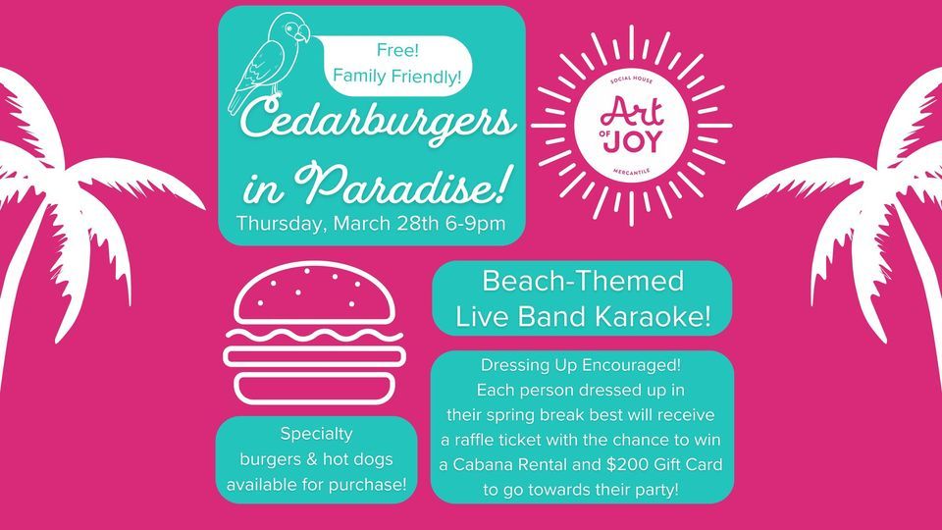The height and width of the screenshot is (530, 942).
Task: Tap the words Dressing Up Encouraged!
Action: [x=583, y=366]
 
